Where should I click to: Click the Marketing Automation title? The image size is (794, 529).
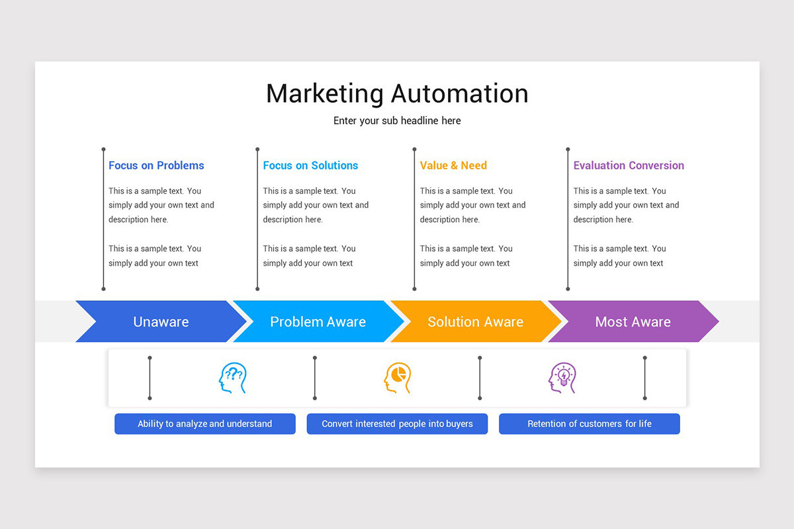point(397,93)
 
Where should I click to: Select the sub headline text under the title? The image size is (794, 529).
point(397,121)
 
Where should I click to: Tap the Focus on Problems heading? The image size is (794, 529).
point(156,165)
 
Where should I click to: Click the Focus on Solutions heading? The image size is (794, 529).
point(310,165)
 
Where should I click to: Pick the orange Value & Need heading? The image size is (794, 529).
point(453,165)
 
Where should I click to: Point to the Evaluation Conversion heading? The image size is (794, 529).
point(629,165)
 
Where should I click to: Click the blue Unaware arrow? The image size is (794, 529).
point(161,322)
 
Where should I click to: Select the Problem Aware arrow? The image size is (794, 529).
point(318,322)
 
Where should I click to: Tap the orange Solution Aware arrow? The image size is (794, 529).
point(475,322)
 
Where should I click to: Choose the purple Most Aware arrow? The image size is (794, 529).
point(633,322)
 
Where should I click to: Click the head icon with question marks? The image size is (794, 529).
point(232,378)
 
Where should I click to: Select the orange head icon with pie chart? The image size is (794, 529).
point(397,378)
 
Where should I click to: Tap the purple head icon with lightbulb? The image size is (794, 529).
point(562,378)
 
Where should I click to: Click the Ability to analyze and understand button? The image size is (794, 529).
point(204,424)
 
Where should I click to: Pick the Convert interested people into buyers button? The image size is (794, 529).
point(397,424)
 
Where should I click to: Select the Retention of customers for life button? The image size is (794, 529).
point(589,424)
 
